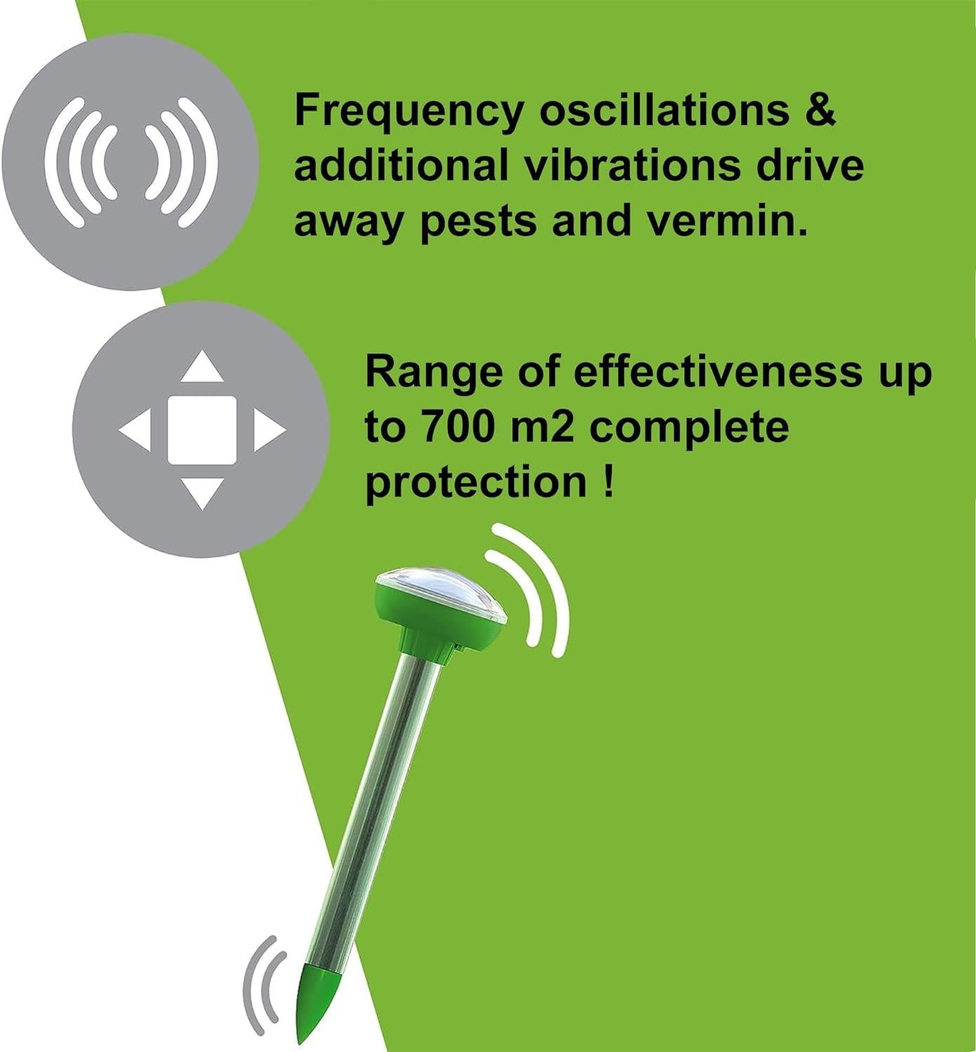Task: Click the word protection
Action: tap(476, 483)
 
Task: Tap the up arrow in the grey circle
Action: tap(202, 368)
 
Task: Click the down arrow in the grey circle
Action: tap(202, 492)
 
